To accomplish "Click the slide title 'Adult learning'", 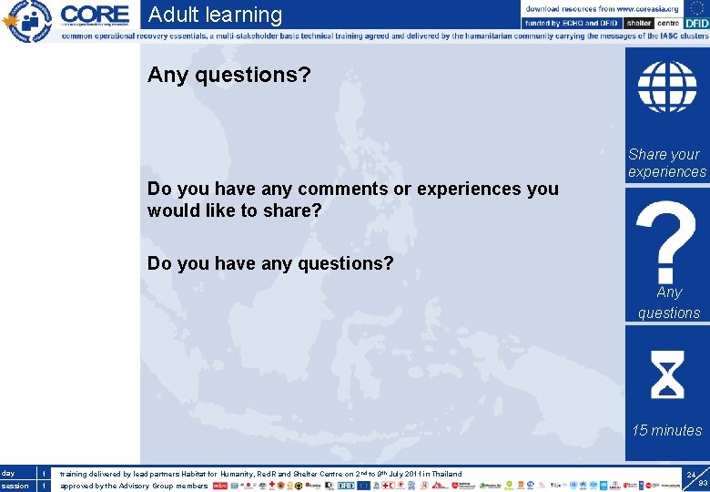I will pyautogui.click(x=215, y=15).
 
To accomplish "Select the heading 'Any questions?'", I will pyautogui.click(x=228, y=75).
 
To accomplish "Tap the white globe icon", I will pyautogui.click(x=666, y=87).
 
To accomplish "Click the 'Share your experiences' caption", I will pyautogui.click(x=666, y=163).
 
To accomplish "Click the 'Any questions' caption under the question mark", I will pyautogui.click(x=668, y=302).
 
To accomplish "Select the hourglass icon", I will pyautogui.click(x=668, y=374).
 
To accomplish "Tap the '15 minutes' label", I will pyautogui.click(x=667, y=430).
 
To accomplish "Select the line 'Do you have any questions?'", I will pyautogui.click(x=270, y=263).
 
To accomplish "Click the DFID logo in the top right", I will pyautogui.click(x=696, y=23).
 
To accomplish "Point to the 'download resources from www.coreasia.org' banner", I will pyautogui.click(x=602, y=7).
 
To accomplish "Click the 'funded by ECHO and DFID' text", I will pyautogui.click(x=572, y=23).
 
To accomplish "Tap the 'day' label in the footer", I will pyautogui.click(x=9, y=473).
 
